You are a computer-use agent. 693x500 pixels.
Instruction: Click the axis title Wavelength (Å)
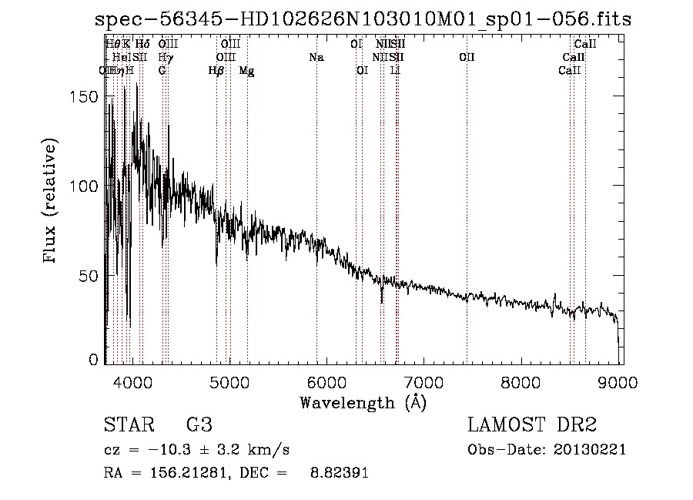click(363, 402)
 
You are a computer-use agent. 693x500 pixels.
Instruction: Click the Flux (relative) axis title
click(52, 202)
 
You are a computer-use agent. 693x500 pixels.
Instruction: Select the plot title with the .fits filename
click(363, 19)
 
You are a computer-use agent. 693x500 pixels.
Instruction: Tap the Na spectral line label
click(316, 58)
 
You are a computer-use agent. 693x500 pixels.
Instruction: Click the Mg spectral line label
click(246, 71)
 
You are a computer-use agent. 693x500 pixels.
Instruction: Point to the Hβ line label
click(216, 71)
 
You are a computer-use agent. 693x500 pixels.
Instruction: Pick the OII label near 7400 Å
click(467, 58)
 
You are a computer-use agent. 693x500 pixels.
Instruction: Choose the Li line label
click(396, 71)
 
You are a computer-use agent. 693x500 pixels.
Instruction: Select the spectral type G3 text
click(199, 425)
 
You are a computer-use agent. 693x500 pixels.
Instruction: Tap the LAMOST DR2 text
click(532, 425)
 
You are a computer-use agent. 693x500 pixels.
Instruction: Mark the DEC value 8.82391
click(339, 473)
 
